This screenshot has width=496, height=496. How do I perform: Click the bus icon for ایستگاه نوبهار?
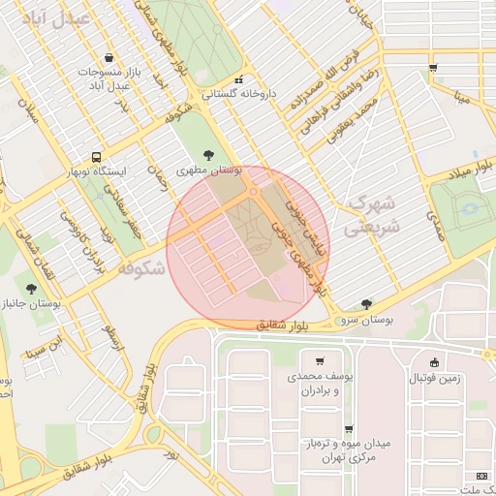coord(96,156)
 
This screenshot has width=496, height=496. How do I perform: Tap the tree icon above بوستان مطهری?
coord(209,154)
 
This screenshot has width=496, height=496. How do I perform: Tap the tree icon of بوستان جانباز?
coord(33,288)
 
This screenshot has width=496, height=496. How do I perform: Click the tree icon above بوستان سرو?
coord(365,303)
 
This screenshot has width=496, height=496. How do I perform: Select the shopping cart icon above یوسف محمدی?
coord(319,361)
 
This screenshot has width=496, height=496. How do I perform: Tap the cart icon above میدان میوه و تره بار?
coord(348,428)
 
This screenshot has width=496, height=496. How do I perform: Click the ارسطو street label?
coord(114,338)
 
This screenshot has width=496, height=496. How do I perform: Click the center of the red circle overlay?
coord(248,248)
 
